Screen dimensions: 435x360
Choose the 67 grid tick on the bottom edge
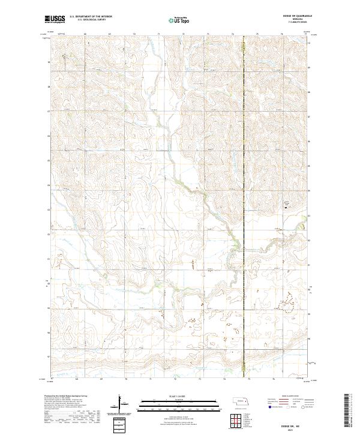[52, 379]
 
